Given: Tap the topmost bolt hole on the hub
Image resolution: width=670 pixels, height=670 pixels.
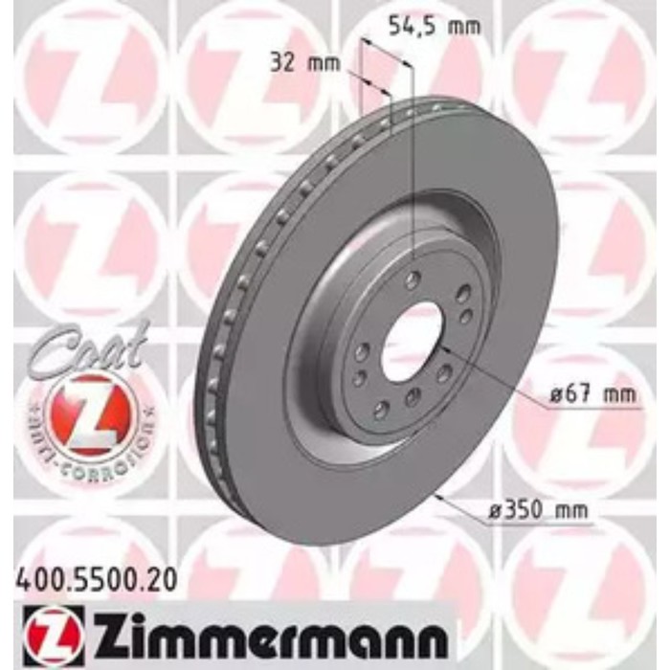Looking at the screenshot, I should pyautogui.click(x=413, y=279).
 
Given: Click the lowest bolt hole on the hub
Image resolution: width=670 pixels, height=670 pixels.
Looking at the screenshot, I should pyautogui.click(x=381, y=411).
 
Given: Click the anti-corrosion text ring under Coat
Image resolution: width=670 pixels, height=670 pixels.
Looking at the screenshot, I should pyautogui.click(x=92, y=450).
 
